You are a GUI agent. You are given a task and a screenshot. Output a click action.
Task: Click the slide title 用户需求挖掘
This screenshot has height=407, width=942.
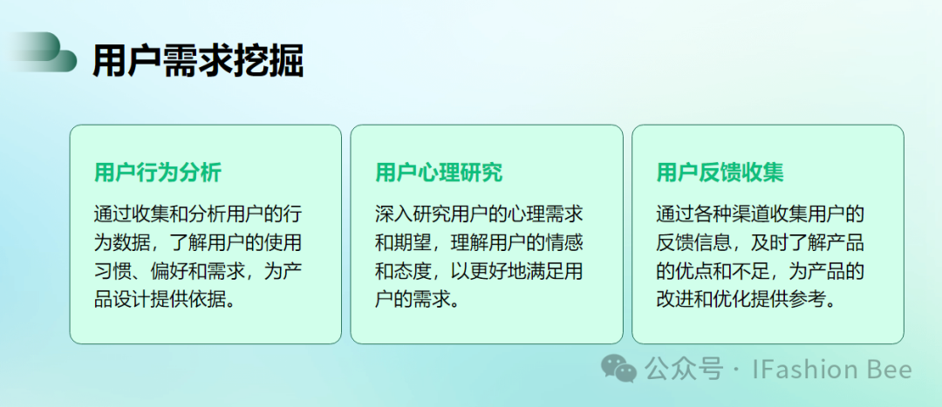198,61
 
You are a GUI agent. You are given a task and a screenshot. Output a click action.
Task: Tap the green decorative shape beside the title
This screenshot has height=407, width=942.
42,53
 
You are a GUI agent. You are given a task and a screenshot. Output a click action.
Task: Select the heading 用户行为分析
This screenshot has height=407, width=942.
158,173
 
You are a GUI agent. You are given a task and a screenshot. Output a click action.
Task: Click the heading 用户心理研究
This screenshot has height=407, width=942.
439,173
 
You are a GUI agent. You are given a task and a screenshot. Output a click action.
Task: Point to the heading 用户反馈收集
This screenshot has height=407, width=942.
720,173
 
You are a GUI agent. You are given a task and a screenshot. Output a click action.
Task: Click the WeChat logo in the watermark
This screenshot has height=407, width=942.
619,368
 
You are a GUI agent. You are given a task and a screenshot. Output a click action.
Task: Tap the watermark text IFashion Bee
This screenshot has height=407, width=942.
832,370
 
